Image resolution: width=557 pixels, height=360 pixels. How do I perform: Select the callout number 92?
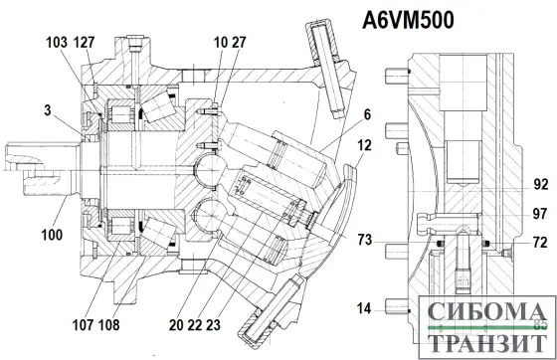pyautogui.click(x=540, y=185)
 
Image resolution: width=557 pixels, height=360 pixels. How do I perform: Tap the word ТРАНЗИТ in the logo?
pyautogui.click(x=484, y=342)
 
